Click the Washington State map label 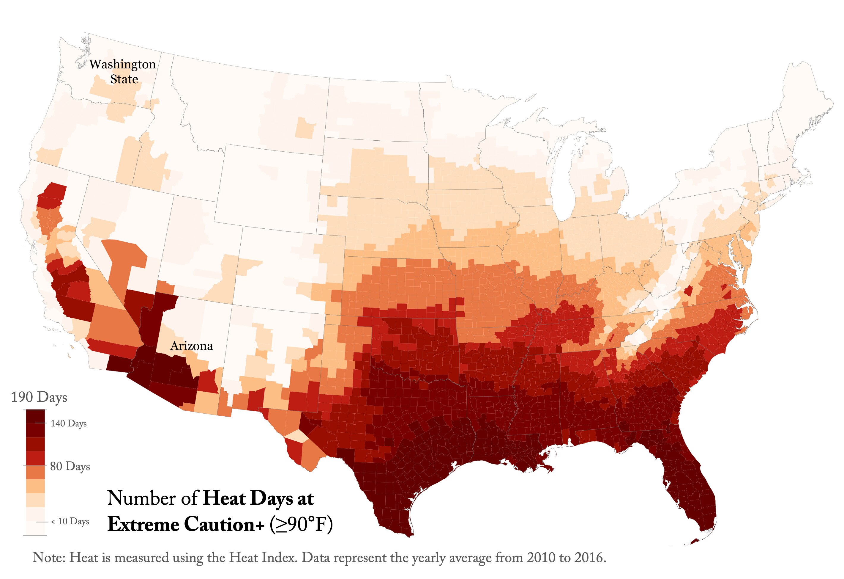pos(123,72)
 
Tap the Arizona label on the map pos(191,346)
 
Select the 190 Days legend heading pos(39,397)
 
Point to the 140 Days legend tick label pos(68,423)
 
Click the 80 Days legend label pos(70,466)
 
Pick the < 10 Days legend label pos(70,521)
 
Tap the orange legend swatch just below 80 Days pos(35,473)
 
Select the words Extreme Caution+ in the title pos(186,525)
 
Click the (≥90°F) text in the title pos(301,525)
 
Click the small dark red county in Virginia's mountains pos(687,291)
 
